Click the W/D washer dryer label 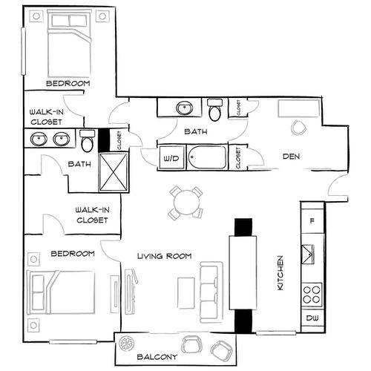[x=171, y=158]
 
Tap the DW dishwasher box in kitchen [x=312, y=318]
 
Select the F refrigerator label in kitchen [x=312, y=220]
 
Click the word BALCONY [x=157, y=355]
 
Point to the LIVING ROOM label [x=165, y=256]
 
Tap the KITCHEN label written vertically [x=281, y=273]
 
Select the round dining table [x=185, y=200]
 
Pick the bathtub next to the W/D [x=209, y=158]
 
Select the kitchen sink [x=312, y=253]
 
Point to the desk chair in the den [x=298, y=128]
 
